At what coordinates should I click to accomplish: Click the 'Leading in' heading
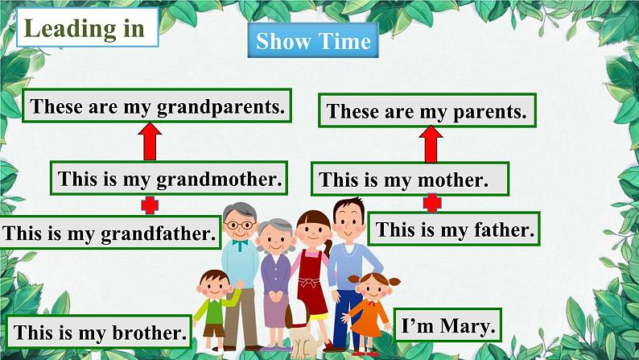(x=85, y=28)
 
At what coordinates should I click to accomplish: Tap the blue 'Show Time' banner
(x=313, y=42)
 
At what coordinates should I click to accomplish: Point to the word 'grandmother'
(x=217, y=178)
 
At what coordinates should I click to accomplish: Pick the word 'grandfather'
(x=159, y=234)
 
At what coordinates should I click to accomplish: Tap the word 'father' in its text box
(x=501, y=230)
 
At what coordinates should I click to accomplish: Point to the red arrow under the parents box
(x=431, y=145)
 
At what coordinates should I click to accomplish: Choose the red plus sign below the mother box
(x=432, y=203)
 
